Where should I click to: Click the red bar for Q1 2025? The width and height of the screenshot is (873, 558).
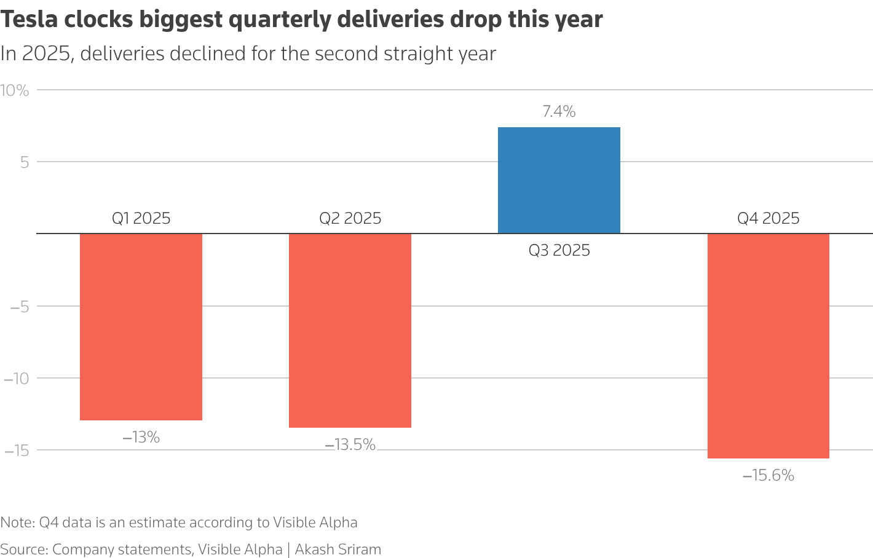141,327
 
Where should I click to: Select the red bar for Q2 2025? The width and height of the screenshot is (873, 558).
350,331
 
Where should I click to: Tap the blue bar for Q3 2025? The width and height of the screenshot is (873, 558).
559,180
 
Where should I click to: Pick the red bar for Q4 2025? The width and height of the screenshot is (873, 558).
768,346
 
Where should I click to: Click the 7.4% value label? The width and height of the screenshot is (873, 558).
559,112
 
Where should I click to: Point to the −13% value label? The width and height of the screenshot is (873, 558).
141,438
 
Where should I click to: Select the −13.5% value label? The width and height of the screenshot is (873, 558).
350,445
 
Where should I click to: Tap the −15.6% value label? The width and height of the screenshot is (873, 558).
768,476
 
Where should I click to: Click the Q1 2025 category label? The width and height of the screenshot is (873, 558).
141,219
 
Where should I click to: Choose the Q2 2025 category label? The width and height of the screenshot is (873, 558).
350,219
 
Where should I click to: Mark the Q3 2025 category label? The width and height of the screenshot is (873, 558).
559,251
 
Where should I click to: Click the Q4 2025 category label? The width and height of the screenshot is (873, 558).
768,219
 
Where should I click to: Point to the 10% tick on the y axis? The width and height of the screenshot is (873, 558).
15,90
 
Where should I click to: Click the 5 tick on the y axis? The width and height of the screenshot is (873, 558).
25,162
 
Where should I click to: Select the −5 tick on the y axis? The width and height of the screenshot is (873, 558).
20,307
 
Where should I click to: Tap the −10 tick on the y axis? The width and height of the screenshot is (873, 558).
17,379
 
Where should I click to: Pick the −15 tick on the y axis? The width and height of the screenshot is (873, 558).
17,450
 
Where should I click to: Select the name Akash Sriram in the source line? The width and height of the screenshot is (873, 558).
338,549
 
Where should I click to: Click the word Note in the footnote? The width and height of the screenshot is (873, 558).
17,522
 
